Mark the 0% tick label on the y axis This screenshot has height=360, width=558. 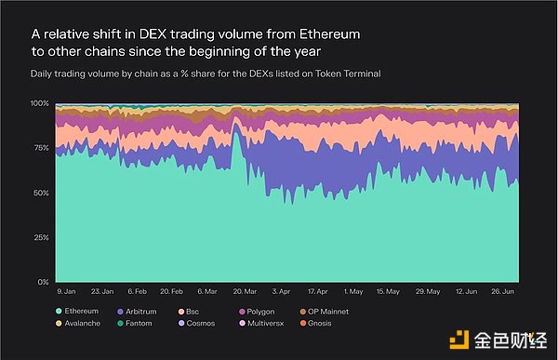coord(41,282)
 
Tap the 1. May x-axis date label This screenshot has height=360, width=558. coord(353,290)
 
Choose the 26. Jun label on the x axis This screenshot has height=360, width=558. coord(504,290)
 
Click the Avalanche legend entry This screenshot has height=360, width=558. coord(86,325)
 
